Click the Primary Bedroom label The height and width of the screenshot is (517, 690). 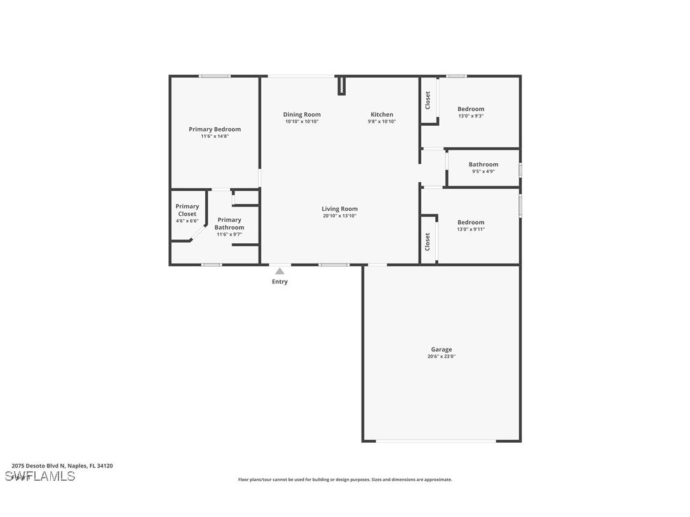[215, 130]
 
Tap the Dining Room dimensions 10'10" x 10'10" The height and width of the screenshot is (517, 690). [302, 122]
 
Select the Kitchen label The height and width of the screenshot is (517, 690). [382, 115]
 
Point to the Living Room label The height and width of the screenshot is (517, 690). [339, 209]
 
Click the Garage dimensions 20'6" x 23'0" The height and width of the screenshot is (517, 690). [441, 357]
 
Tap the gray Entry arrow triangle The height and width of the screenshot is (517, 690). [280, 271]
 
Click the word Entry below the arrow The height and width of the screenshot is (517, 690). [280, 282]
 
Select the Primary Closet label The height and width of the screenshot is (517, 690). [187, 210]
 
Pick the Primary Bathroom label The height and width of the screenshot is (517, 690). [229, 224]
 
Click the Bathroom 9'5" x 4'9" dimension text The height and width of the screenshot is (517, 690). [483, 171]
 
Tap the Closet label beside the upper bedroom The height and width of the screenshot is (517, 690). [428, 100]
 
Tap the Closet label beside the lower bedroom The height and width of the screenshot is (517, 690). [428, 241]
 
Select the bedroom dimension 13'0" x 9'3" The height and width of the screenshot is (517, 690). [471, 116]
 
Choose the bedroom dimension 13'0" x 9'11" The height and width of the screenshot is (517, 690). [471, 229]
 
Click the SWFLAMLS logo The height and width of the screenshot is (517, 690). [39, 476]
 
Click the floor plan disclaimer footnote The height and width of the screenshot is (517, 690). [345, 480]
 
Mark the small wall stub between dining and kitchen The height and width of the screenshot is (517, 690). [341, 86]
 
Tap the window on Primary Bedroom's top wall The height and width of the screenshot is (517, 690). [214, 76]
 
